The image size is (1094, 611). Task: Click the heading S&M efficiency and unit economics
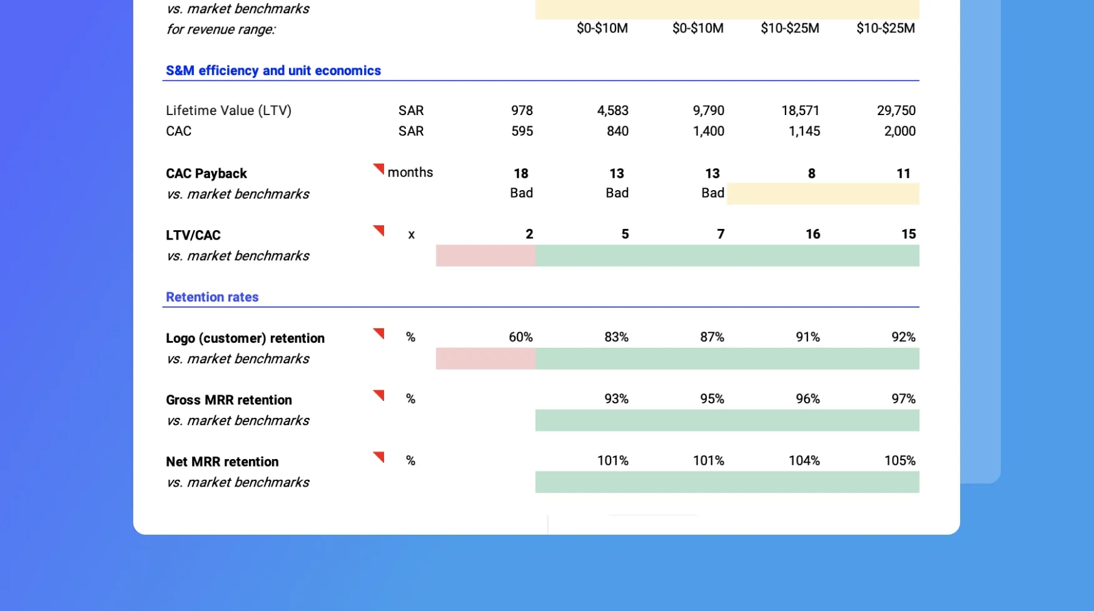[x=273, y=71]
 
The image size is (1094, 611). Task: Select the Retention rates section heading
[x=212, y=297]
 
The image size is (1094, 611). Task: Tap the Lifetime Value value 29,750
[x=896, y=111]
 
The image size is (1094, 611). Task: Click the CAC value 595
[x=522, y=131]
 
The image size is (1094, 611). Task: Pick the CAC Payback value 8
[x=811, y=174]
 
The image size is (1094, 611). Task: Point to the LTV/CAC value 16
[x=813, y=235]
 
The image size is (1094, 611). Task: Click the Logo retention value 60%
[x=520, y=337]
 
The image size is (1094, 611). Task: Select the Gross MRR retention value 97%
[x=903, y=399]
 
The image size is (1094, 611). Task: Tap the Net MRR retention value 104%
[x=804, y=461]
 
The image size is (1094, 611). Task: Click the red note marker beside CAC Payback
[x=379, y=168]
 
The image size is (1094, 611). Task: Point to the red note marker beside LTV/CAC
[x=379, y=230]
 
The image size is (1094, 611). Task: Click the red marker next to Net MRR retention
[x=379, y=457]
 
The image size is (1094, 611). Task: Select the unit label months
[x=410, y=173]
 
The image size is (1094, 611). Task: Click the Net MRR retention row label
[x=222, y=462]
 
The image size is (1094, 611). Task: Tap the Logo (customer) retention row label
[x=245, y=338]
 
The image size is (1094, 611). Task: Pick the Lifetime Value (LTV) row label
[x=228, y=111]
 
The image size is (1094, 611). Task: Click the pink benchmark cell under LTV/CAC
[x=485, y=256]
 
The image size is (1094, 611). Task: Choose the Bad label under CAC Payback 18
[x=521, y=193]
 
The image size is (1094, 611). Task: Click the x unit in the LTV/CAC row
[x=411, y=235]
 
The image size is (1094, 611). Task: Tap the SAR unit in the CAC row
[x=411, y=131]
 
